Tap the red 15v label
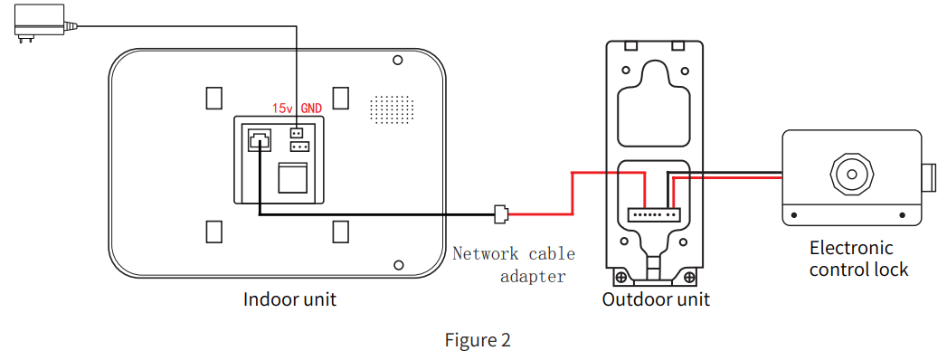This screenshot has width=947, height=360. pyautogui.click(x=283, y=109)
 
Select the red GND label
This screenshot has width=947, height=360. pyautogui.click(x=311, y=109)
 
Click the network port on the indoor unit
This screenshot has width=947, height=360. pyautogui.click(x=257, y=140)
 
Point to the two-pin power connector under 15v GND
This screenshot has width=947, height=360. pyautogui.click(x=296, y=132)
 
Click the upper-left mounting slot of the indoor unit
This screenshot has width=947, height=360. pyautogui.click(x=213, y=97)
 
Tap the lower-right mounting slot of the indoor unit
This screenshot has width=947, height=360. pyautogui.click(x=341, y=232)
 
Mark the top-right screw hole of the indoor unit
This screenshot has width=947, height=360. pyautogui.click(x=397, y=61)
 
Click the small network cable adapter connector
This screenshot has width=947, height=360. pyautogui.click(x=501, y=214)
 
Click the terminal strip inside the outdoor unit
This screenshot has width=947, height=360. pyautogui.click(x=654, y=214)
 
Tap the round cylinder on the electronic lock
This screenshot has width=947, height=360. pyautogui.click(x=851, y=172)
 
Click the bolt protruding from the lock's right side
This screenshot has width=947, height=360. pyautogui.click(x=929, y=176)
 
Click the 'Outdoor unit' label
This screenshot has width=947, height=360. pyautogui.click(x=656, y=299)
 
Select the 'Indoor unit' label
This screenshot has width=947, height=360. pyautogui.click(x=289, y=299)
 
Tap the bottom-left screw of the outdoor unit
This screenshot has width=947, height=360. pyautogui.click(x=621, y=275)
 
